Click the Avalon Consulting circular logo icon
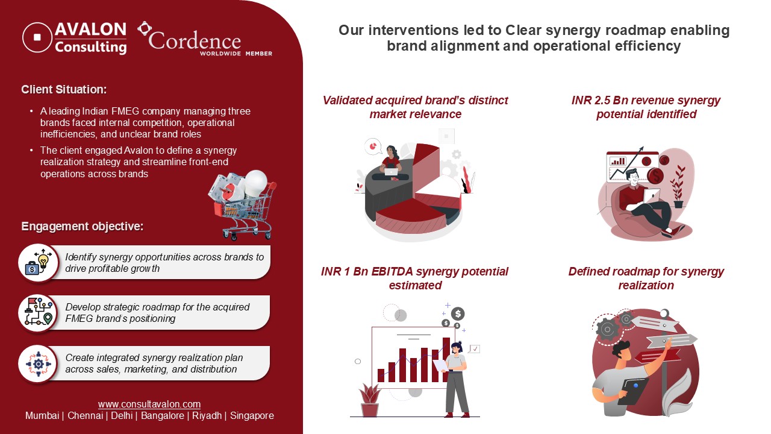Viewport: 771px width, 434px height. point(37,37)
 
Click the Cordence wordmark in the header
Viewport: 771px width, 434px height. point(194,41)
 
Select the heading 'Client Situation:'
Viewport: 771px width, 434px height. point(64,90)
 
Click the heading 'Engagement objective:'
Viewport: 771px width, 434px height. point(83,227)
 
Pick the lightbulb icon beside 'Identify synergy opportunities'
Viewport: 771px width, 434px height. point(38,262)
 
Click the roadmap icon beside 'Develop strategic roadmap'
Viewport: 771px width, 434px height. point(38,313)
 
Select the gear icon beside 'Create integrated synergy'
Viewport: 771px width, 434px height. point(38,363)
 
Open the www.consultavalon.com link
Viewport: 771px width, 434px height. point(149,404)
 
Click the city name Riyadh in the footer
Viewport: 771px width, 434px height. point(207,416)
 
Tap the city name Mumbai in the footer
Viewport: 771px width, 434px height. point(42,416)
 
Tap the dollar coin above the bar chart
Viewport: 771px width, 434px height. point(458,313)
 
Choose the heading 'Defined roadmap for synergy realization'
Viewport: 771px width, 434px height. point(646,278)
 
